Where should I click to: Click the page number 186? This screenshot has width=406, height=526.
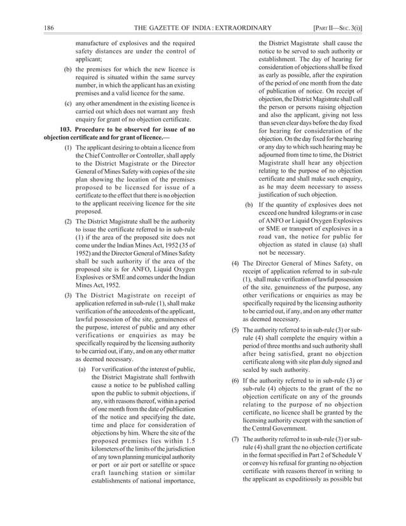tap(50, 27)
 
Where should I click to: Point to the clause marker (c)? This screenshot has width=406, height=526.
tap(67, 102)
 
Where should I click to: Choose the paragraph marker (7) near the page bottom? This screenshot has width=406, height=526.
tap(233, 439)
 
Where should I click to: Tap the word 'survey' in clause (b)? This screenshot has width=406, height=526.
tap(183, 77)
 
